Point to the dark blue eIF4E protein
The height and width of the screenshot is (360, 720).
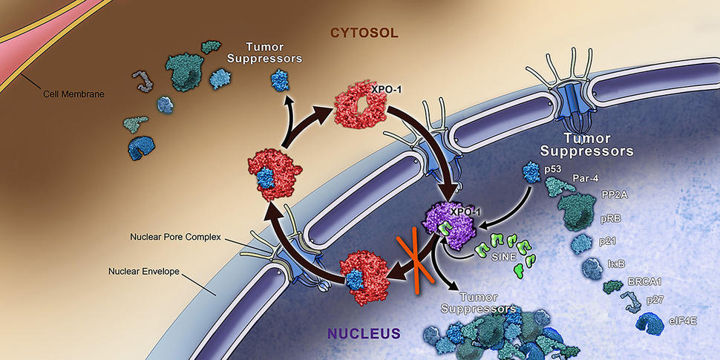pyautogui.click(x=651, y=322)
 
